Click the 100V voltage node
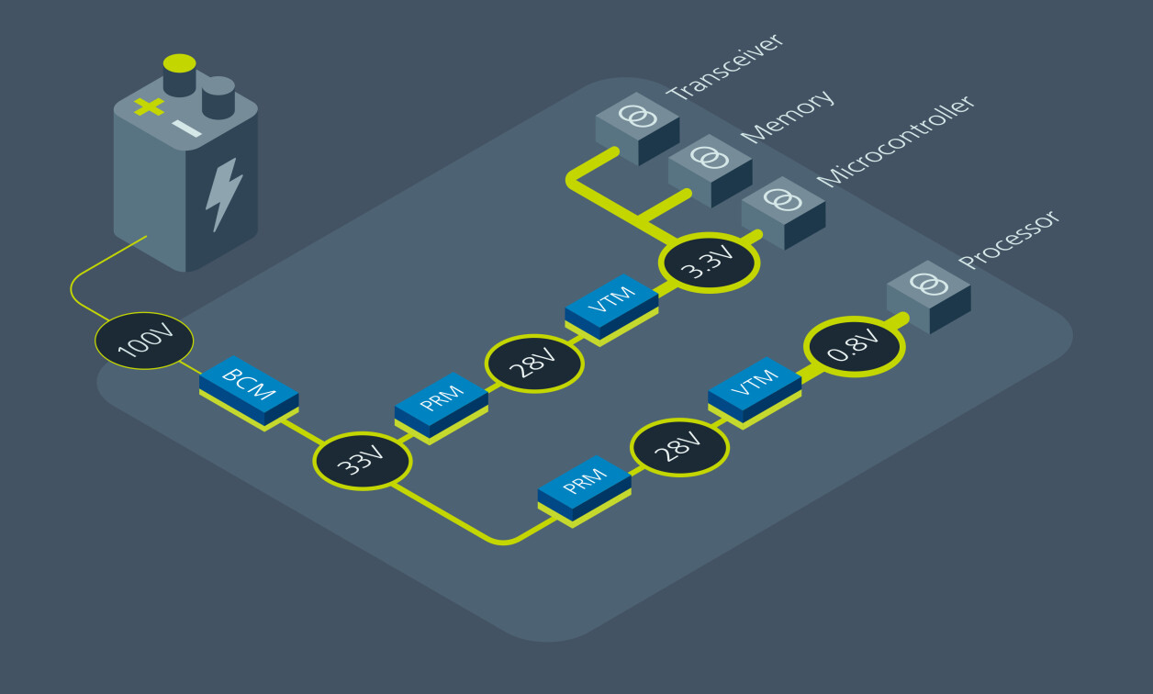(x=144, y=342)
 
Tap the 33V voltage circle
(x=362, y=463)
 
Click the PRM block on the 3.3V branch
(x=442, y=408)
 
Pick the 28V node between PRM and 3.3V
(x=534, y=364)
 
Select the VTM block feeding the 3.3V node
(x=611, y=307)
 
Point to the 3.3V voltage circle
(x=709, y=263)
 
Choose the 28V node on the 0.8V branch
(x=679, y=449)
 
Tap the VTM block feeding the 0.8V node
(x=755, y=392)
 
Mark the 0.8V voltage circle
(x=854, y=347)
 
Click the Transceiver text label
(x=725, y=67)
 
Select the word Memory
(x=788, y=116)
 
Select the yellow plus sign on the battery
(x=149, y=106)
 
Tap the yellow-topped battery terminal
(x=179, y=74)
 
